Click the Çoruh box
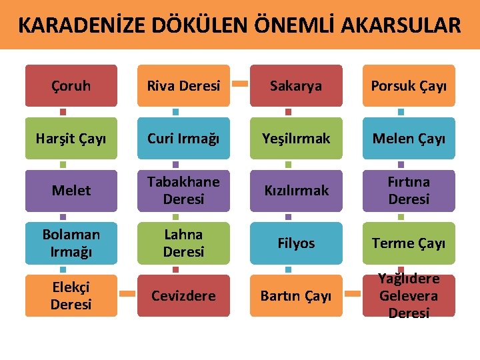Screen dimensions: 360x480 (71, 86)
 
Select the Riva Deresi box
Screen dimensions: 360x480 (183, 86)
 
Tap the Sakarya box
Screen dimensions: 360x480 (296, 86)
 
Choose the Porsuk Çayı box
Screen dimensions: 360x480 (409, 86)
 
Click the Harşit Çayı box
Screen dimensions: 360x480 (71, 138)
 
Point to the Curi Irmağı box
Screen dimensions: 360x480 (183, 138)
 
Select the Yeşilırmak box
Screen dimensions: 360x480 (296, 138)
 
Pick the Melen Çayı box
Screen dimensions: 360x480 (409, 138)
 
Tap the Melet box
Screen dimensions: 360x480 (71, 191)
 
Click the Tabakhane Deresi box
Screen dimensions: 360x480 (183, 191)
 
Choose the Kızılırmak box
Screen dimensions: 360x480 (296, 191)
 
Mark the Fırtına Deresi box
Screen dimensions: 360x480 (409, 191)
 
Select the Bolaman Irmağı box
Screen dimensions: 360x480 (71, 243)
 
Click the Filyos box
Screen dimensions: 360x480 (296, 243)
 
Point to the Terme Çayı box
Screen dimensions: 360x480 (409, 243)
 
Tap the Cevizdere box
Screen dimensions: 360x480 (183, 295)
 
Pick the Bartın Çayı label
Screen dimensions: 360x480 (296, 295)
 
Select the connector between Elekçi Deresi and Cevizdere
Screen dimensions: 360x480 (127, 293)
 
